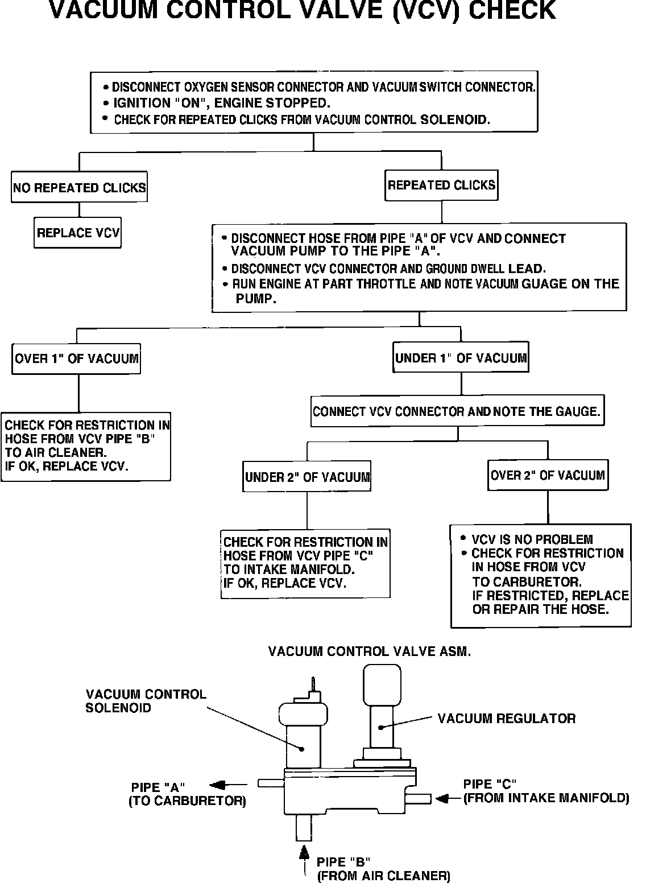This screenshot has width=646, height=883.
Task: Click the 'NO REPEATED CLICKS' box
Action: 79,187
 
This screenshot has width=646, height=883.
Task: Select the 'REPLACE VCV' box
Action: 77,233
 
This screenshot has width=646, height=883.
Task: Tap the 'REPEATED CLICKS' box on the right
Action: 441,185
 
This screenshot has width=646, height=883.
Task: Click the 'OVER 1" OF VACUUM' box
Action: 76,358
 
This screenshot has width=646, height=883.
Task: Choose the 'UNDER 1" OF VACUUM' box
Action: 461,357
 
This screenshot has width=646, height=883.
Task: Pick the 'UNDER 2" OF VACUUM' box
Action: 307,477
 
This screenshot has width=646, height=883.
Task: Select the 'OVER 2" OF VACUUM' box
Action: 548,475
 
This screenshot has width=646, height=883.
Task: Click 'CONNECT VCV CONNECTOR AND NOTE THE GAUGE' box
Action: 457,411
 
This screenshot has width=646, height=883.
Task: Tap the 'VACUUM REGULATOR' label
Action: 506,719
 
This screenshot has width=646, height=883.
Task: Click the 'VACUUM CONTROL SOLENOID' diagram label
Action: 146,701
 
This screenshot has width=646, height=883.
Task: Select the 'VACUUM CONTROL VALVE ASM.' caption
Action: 369,652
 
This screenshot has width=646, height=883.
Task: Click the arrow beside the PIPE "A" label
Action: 221,786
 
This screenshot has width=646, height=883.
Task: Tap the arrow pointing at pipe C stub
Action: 448,799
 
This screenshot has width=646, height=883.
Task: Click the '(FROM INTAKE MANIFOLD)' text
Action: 546,798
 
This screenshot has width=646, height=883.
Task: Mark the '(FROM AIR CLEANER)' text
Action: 383,876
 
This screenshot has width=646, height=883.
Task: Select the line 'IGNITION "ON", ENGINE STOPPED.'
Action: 222,103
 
